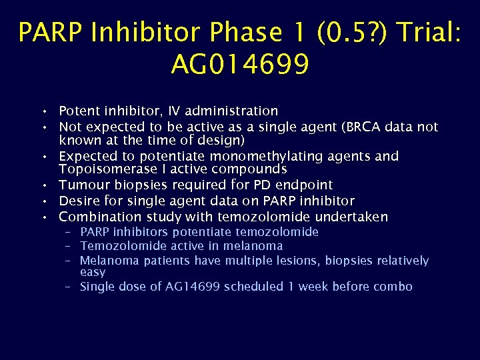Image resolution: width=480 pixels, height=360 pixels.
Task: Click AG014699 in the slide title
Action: (x=239, y=65)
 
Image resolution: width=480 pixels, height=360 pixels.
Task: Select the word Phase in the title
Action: (x=220, y=32)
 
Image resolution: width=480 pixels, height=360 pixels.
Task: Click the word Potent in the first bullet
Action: (x=78, y=111)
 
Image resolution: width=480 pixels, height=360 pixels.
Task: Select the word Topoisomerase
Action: (x=105, y=169)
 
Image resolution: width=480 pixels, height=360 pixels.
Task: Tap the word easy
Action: (x=93, y=272)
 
